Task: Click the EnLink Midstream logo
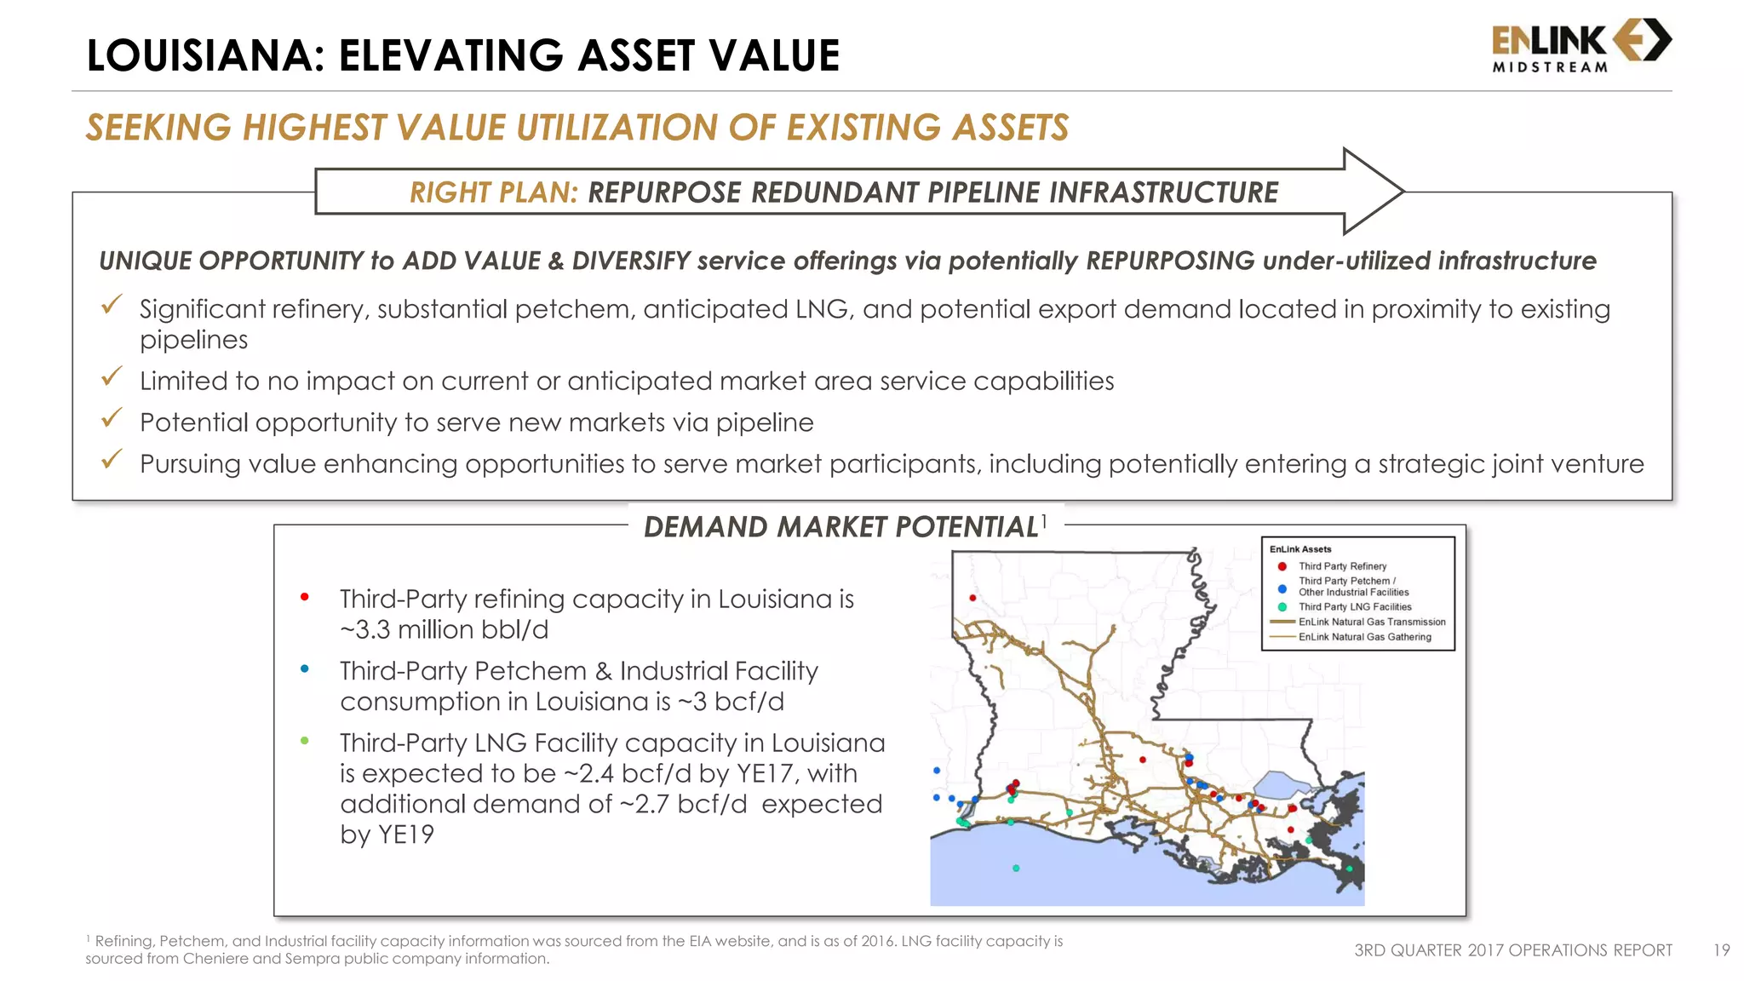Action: (1581, 46)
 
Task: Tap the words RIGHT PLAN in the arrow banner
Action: (493, 192)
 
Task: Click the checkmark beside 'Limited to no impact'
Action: (112, 376)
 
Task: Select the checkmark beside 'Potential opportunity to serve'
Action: (112, 418)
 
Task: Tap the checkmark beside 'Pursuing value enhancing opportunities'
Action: (112, 460)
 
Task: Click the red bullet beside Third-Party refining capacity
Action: (304, 597)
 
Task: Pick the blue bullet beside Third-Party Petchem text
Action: (304, 669)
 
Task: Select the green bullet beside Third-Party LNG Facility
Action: (304, 741)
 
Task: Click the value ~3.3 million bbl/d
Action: (444, 630)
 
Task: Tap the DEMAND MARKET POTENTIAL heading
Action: (840, 527)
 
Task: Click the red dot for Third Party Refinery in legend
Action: (1282, 566)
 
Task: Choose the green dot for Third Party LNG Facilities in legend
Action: (1282, 607)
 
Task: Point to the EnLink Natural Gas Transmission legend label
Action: (1371, 622)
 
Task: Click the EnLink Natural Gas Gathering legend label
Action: (1364, 637)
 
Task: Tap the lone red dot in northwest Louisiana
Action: (972, 598)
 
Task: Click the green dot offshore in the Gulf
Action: (1016, 869)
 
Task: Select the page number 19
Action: (1721, 950)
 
